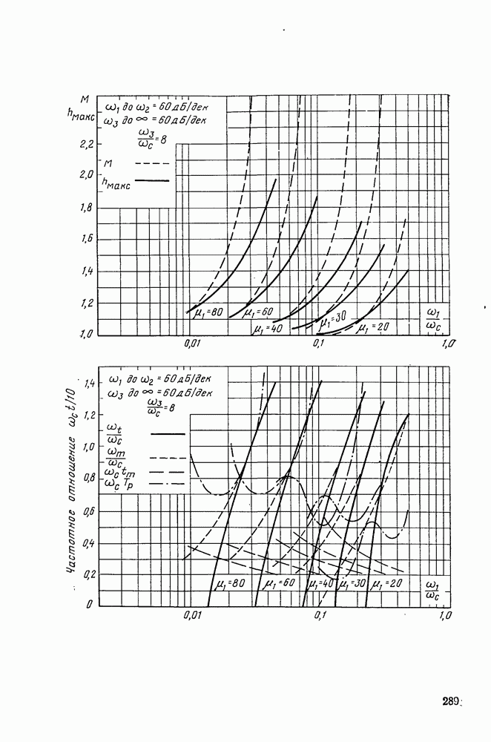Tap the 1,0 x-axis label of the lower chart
click(x=444, y=616)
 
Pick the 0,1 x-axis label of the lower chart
click(x=320, y=616)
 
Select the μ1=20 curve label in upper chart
click(x=373, y=326)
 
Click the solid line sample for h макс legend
click(x=151, y=181)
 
